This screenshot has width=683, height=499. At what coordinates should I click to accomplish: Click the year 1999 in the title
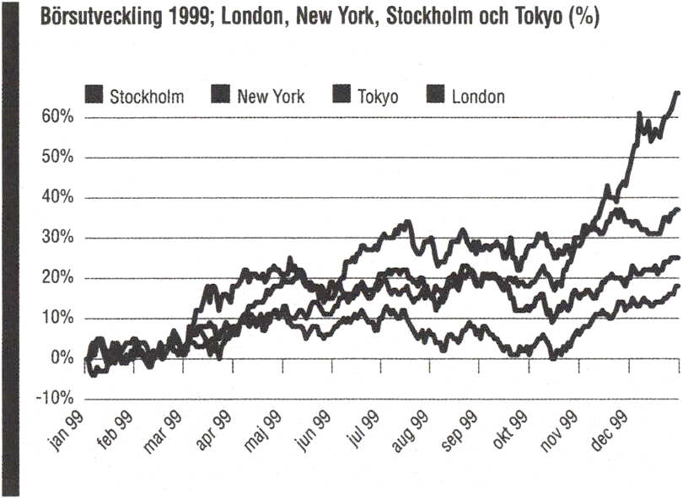[x=180, y=19]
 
